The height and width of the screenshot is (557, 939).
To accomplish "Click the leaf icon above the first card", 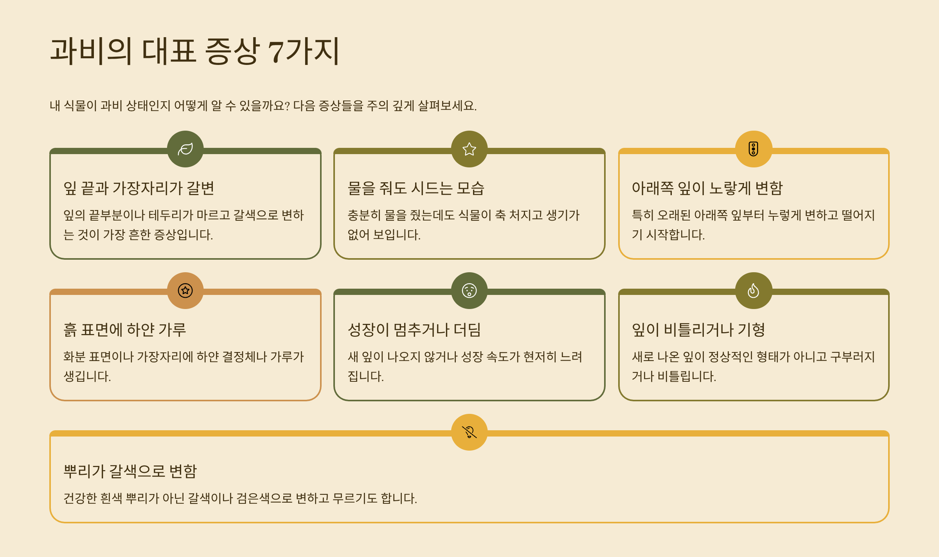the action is coord(185,149).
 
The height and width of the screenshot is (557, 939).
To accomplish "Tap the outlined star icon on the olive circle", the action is coord(469,149).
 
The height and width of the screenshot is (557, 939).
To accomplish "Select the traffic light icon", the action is coord(753,149).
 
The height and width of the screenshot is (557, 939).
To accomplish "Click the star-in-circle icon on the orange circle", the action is coord(185,291).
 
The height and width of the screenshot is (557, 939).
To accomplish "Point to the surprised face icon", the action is coord(469,291).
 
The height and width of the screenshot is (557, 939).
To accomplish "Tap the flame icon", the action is coord(753,291).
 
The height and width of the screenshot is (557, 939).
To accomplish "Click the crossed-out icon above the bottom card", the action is coord(469,432).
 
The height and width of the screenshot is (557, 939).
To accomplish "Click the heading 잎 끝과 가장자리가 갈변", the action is coord(139,188).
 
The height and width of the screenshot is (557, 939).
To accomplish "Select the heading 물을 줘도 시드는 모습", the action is coord(416,188).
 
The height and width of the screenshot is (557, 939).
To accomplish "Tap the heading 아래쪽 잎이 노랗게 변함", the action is coord(707,188).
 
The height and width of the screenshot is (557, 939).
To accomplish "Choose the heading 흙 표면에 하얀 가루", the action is coord(125,330).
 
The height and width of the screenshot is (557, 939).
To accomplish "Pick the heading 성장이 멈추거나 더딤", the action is coord(414,330).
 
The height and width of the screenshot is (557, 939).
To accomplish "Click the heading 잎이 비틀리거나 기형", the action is coord(698,330).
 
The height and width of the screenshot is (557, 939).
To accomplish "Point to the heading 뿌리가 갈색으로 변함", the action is coord(130,471).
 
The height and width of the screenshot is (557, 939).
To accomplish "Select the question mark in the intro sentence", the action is coord(287,106).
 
